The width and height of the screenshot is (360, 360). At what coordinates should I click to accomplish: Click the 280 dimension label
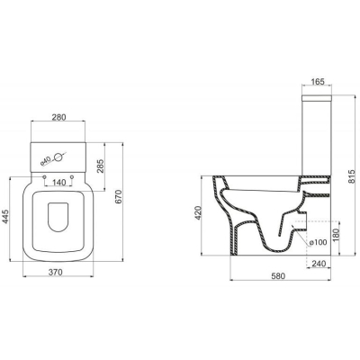(x=58, y=117)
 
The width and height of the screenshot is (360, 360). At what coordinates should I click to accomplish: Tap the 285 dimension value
(x=101, y=166)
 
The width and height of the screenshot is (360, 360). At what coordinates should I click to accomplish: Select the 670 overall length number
(x=119, y=196)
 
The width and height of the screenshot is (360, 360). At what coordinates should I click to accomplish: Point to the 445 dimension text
(x=6, y=217)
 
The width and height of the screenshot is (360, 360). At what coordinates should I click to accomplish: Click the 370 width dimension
(x=56, y=272)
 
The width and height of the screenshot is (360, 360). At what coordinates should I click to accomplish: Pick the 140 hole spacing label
(x=58, y=182)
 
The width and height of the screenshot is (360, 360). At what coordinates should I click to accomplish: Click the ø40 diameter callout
(x=45, y=161)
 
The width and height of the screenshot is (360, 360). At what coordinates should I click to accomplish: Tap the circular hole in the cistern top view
(x=58, y=157)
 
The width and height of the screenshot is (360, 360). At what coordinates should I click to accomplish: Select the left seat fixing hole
(x=45, y=177)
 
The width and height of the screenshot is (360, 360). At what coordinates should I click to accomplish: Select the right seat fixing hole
(x=72, y=177)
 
